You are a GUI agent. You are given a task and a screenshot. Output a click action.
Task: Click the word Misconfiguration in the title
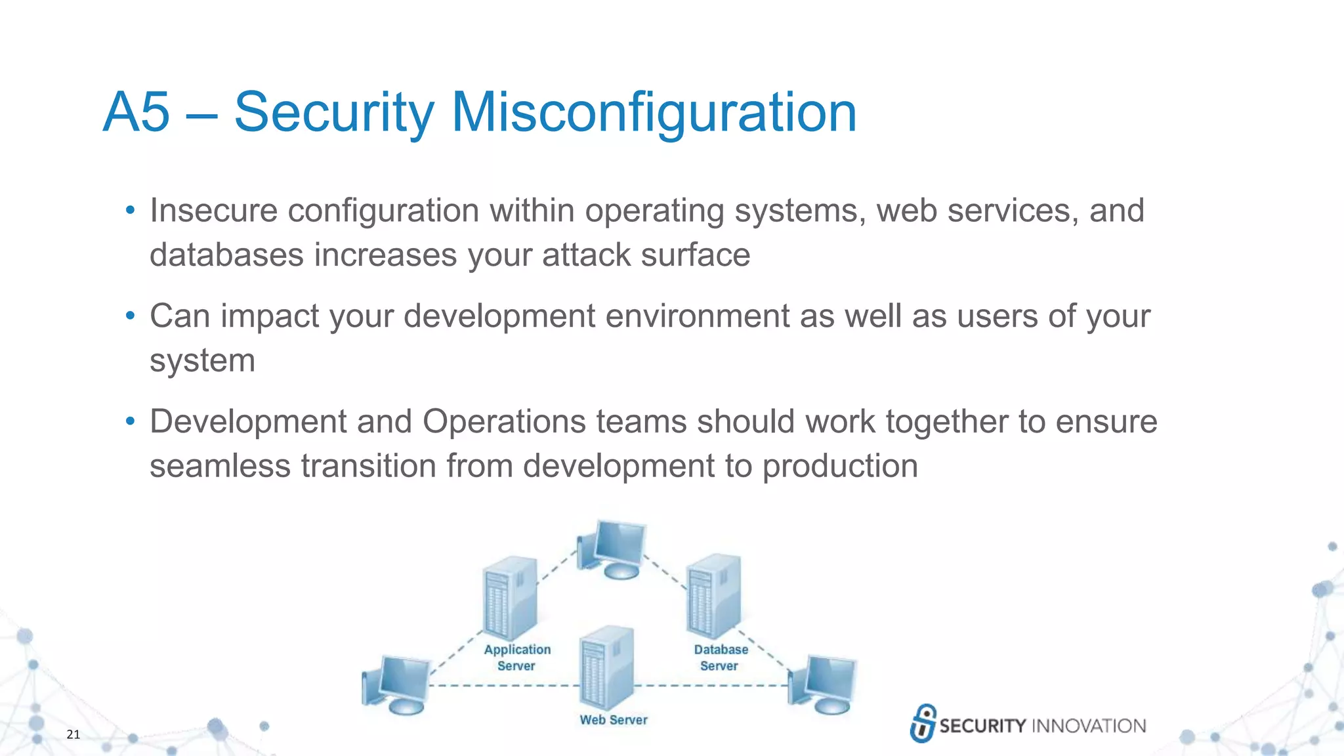654,113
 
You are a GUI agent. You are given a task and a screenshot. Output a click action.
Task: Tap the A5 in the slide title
136,113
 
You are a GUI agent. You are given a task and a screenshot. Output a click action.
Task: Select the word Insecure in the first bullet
213,211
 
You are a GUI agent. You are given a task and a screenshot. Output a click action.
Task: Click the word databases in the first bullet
226,255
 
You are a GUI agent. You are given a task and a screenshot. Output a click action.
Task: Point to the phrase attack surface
646,255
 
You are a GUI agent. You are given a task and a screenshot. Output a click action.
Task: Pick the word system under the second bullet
202,361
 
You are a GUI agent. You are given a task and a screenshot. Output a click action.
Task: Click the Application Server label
517,658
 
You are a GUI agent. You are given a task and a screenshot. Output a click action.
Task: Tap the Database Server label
721,658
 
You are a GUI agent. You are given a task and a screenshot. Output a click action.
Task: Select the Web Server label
613,720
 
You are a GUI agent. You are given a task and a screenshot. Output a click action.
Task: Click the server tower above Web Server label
607,666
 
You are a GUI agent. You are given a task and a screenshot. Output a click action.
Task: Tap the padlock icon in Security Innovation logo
923,723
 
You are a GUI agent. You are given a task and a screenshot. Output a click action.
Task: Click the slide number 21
73,734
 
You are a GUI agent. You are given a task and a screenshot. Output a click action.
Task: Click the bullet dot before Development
130,421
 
